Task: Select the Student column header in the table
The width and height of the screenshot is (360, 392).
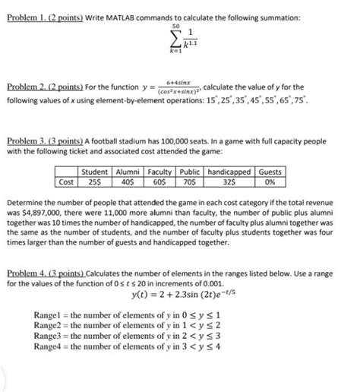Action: (x=94, y=172)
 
